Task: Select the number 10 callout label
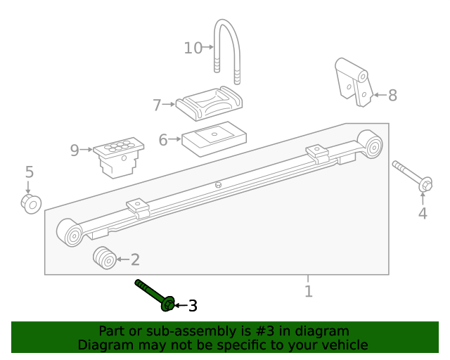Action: (x=193, y=48)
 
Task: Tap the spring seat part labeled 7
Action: (x=210, y=104)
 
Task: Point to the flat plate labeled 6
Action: (x=212, y=138)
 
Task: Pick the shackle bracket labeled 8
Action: (x=352, y=82)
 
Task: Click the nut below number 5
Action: (x=30, y=204)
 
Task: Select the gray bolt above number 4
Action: (x=412, y=175)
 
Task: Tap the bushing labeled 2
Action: (x=105, y=258)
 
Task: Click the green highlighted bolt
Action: (x=154, y=295)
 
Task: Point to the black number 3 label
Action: (x=192, y=306)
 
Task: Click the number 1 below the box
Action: (x=308, y=291)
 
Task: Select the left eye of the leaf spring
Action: (x=71, y=233)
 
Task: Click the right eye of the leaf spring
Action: (x=370, y=143)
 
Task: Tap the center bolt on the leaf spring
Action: (x=218, y=185)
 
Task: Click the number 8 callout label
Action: (x=392, y=96)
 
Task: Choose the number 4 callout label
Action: (x=422, y=214)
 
